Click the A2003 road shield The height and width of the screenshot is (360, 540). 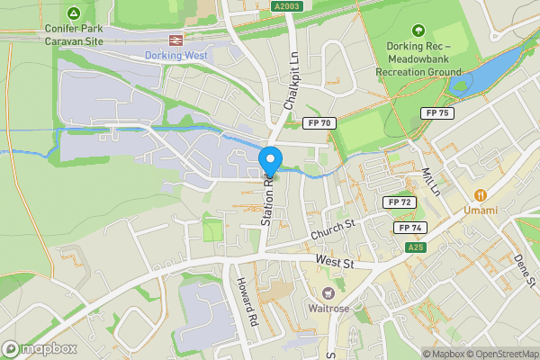286,6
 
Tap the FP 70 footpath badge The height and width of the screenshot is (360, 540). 319,122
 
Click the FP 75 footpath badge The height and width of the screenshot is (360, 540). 437,112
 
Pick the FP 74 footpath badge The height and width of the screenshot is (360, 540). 409,228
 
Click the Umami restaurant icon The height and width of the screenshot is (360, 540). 481,194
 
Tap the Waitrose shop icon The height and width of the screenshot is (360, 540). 328,293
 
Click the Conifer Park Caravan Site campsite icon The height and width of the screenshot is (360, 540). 74,13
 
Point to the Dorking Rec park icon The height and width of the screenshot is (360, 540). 417,31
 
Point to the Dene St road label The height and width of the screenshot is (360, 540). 519,269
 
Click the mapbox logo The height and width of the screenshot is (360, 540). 39,348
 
